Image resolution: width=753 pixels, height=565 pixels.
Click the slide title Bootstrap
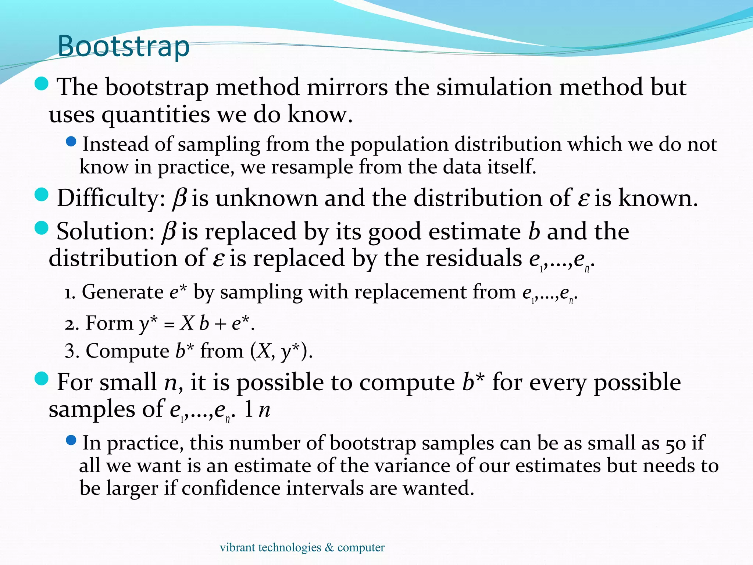pyautogui.click(x=124, y=46)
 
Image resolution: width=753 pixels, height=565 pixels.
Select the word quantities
pyautogui.click(x=156, y=115)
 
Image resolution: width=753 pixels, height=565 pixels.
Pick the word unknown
pyautogui.click(x=266, y=198)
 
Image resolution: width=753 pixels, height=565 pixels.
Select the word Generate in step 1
pyautogui.click(x=122, y=292)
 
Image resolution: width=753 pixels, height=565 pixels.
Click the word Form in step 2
pyautogui.click(x=109, y=324)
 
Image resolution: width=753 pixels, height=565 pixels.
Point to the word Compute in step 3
pyautogui.click(x=127, y=351)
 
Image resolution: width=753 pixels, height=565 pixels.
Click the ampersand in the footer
pyautogui.click(x=329, y=548)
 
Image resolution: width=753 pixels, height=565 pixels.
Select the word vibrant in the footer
pyautogui.click(x=237, y=548)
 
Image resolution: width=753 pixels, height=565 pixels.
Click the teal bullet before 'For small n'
pyautogui.click(x=42, y=379)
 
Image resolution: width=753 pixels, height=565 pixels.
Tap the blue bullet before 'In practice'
pyautogui.click(x=71, y=440)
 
